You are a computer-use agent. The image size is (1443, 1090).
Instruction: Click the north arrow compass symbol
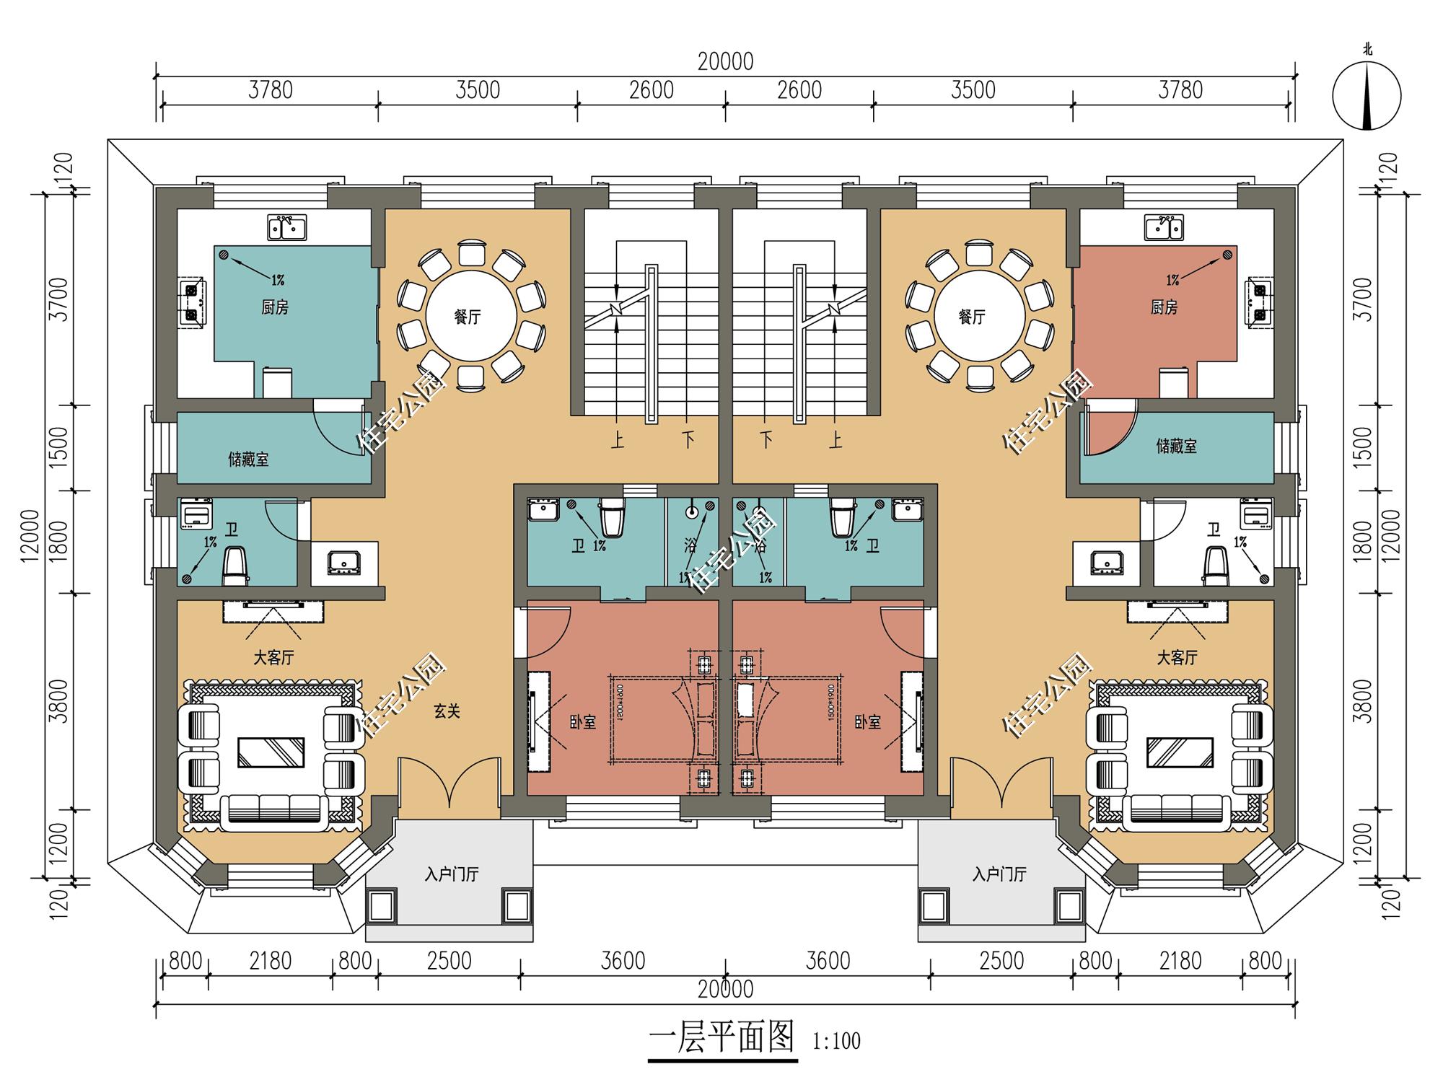[x=1367, y=95]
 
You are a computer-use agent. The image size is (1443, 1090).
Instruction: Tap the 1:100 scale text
[x=836, y=1041]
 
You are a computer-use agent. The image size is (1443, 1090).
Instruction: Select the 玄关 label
[x=447, y=711]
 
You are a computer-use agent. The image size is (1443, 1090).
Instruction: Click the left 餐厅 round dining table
[x=471, y=316]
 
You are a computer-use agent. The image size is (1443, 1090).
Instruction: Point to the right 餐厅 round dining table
[x=979, y=316]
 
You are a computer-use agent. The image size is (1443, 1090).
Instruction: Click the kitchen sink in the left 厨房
[x=287, y=227]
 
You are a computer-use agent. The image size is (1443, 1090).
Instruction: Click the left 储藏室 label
[x=248, y=459]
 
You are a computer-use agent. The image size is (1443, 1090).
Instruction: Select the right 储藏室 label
[x=1176, y=446]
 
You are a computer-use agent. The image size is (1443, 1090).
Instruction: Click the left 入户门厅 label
[x=451, y=874]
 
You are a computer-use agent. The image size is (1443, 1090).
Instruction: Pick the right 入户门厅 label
[x=999, y=874]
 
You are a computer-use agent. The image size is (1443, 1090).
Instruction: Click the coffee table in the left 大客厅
[x=271, y=752]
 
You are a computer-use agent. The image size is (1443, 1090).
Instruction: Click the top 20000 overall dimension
[x=725, y=62]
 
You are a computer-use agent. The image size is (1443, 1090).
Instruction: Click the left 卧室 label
[x=583, y=721]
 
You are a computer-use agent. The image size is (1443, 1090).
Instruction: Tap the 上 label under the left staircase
[x=617, y=439]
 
